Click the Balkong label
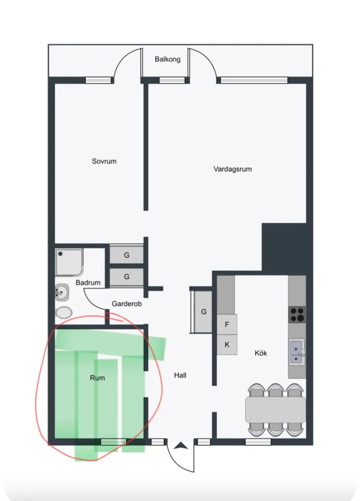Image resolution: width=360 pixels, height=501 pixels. click(167, 59)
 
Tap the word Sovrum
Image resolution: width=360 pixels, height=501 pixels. click(104, 161)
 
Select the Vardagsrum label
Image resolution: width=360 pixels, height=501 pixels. click(233, 169)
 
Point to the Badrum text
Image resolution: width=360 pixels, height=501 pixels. click(88, 282)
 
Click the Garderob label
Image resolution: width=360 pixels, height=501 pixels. click(127, 304)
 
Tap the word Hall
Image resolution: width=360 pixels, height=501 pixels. click(180, 375)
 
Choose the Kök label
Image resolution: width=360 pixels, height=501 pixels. click(261, 353)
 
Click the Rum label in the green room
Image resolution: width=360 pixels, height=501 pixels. click(97, 378)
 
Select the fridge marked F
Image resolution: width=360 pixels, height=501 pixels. click(227, 324)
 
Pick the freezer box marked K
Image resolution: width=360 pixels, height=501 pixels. click(227, 344)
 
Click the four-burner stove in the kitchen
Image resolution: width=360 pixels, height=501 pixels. click(297, 315)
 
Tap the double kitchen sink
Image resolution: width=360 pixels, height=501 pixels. click(297, 352)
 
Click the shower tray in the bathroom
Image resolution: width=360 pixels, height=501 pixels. click(69, 262)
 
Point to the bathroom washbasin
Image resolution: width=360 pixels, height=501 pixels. click(62, 292)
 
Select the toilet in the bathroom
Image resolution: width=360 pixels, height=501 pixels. click(64, 312)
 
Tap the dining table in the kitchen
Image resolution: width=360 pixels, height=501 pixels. click(276, 410)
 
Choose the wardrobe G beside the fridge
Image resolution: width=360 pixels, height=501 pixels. click(203, 312)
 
